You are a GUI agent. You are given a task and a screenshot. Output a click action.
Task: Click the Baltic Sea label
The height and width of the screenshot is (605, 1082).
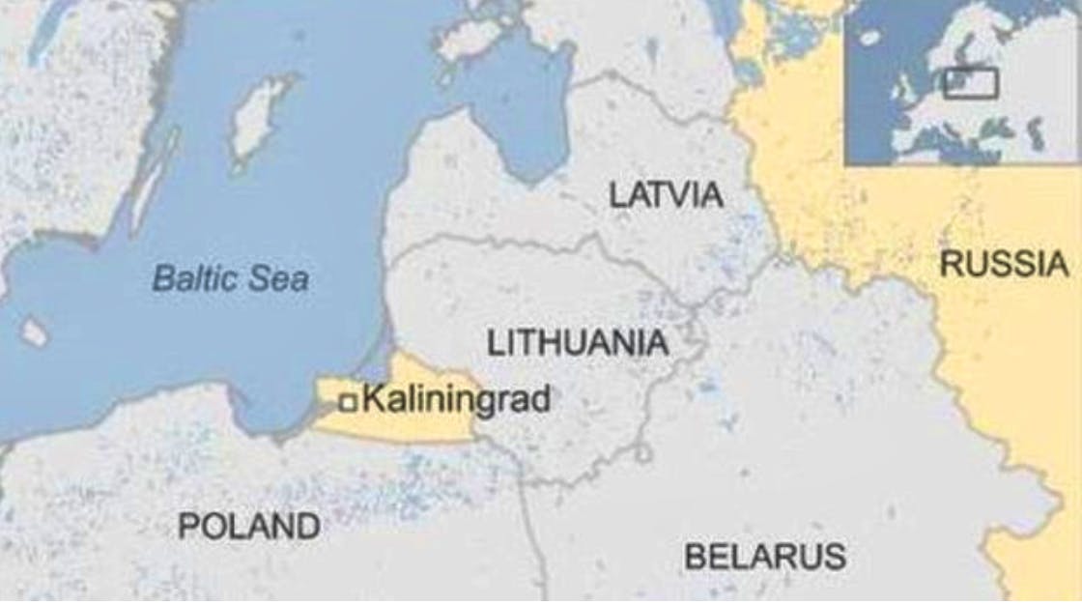tap(231, 279)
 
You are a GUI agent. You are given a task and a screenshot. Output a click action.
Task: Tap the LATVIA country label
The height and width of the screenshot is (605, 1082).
tap(666, 194)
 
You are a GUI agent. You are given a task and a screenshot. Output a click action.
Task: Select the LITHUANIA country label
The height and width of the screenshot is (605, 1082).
tap(577, 342)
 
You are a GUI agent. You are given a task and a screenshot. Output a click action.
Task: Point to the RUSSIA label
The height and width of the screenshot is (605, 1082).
tap(1004, 264)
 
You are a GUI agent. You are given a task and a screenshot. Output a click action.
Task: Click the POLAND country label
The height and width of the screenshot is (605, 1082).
tap(249, 526)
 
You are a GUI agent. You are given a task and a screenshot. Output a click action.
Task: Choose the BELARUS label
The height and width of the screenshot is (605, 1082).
tap(764, 557)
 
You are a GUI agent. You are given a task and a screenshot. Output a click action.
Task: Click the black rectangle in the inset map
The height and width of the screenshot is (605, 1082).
tap(970, 82)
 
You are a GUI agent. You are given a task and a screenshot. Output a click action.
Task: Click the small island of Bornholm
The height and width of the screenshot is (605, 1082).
tap(34, 332)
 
